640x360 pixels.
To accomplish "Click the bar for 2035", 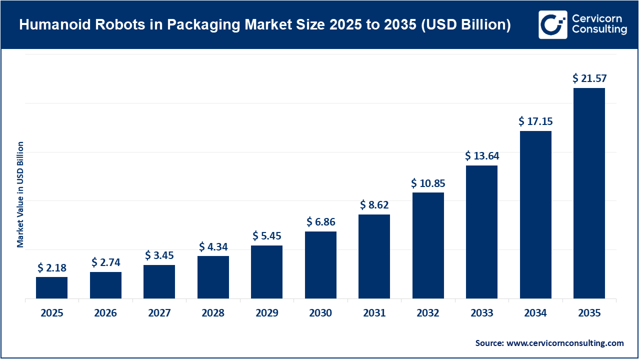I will coord(589,193).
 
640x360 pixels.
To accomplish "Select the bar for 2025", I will coord(51,287).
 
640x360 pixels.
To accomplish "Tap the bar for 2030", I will coord(320,265).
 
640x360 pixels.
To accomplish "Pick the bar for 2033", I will coord(481,232).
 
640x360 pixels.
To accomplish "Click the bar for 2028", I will coord(213,277).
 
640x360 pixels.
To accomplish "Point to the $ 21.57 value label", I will coord(589,78).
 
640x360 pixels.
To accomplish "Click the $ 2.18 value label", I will coord(51,267).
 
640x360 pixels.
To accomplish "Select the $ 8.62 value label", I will coord(374,204).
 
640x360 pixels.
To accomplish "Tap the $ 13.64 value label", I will coord(481,155).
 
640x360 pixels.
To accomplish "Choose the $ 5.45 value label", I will coord(266,235).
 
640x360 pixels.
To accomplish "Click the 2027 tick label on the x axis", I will coord(159,313).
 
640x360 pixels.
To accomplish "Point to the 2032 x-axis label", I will coord(428,313).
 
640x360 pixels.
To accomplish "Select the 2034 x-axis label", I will coord(535,313).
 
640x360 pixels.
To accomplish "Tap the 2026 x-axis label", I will coord(105,313).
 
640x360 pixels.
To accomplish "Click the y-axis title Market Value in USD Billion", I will coord(20,194).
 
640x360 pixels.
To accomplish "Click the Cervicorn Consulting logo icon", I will coord(552,24).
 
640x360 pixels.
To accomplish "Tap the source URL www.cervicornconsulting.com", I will coord(565,343).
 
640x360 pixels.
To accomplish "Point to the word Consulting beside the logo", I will coord(599,30).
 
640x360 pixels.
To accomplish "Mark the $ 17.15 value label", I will coord(535,121).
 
